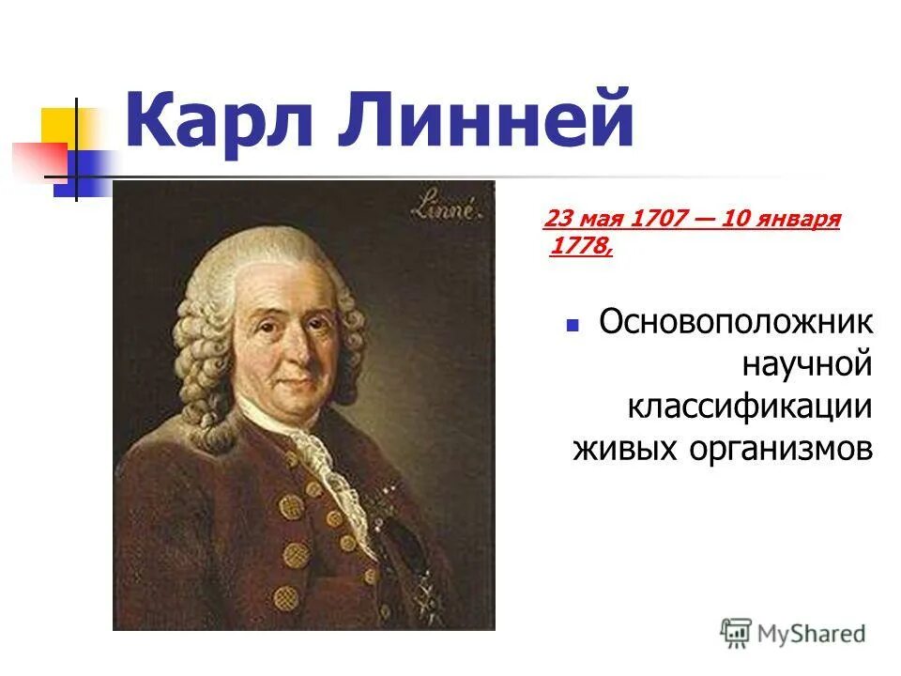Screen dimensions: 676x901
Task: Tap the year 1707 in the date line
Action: tap(660, 220)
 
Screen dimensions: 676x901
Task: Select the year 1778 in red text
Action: tap(578, 247)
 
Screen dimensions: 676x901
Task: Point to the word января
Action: tap(798, 220)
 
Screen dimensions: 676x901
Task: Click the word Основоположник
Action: tap(737, 324)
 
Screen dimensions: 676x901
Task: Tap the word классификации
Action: tap(750, 407)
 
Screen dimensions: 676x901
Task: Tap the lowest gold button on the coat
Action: tap(285, 597)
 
